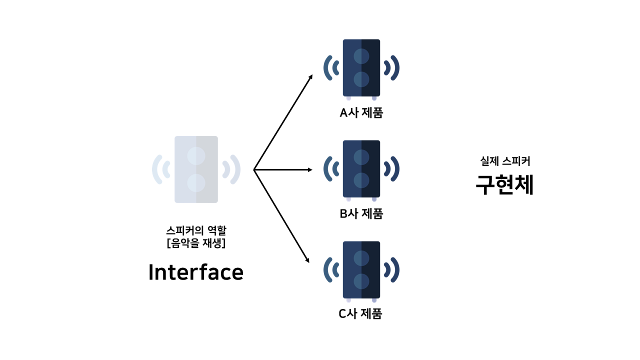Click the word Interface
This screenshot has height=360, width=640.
(x=196, y=272)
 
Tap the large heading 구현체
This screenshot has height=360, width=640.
(x=504, y=184)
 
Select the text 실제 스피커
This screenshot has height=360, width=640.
(x=504, y=161)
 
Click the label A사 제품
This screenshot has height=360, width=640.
(x=361, y=113)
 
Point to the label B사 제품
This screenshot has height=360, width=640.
(x=361, y=214)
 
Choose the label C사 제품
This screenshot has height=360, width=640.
(x=360, y=314)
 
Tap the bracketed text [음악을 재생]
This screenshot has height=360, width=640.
(x=196, y=243)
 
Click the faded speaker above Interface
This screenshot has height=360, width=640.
(x=196, y=169)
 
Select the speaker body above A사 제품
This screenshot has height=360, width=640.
(x=361, y=67)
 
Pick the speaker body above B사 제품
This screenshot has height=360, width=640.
(x=361, y=168)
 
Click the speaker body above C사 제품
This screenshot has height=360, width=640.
(x=361, y=269)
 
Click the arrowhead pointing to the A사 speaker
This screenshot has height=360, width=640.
(x=310, y=77)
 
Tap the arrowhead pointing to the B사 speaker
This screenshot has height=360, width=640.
(x=310, y=170)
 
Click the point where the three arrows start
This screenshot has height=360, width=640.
(x=254, y=170)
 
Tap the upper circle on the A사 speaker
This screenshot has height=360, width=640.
(x=361, y=56)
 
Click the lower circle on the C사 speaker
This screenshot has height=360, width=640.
(x=361, y=281)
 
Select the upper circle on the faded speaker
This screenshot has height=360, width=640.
(x=196, y=155)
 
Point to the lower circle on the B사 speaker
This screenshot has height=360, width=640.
(x=361, y=180)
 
